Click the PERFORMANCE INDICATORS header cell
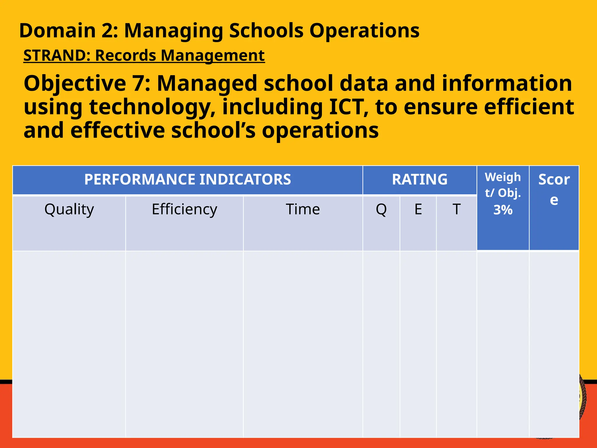point(187,179)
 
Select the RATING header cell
point(419,179)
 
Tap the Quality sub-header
point(69,209)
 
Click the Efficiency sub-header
point(184,209)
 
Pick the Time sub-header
point(303,209)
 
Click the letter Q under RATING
point(381,209)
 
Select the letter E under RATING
point(418,209)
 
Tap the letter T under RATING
point(456,209)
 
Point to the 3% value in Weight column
point(503,210)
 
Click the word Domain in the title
point(57,31)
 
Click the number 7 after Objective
point(139,83)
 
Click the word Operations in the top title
point(364,31)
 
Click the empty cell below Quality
point(69,344)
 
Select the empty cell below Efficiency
point(184,344)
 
